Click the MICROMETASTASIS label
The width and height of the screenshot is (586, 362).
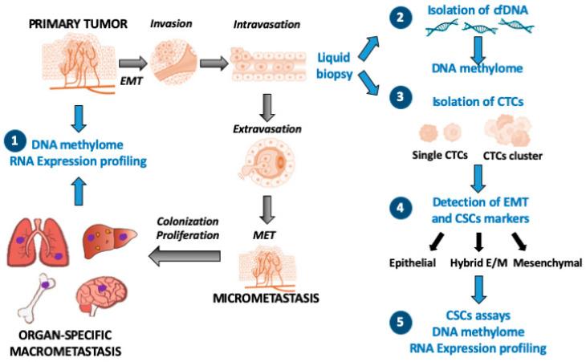pos(256,299)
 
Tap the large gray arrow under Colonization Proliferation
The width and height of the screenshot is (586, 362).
pos(186,255)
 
